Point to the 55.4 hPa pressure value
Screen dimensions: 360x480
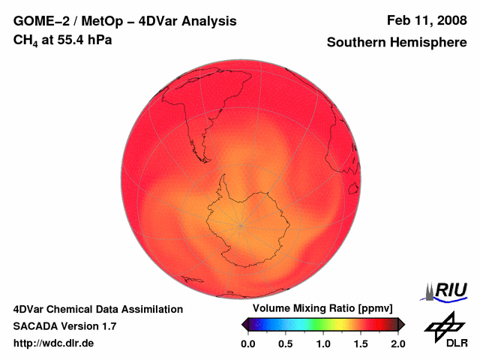pyautogui.click(x=83, y=40)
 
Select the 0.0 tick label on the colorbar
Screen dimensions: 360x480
pyautogui.click(x=248, y=343)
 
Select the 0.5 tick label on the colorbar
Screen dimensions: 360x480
pyautogui.click(x=286, y=343)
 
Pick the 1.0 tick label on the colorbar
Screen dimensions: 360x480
pyautogui.click(x=323, y=343)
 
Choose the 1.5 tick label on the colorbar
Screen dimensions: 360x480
pyautogui.click(x=361, y=343)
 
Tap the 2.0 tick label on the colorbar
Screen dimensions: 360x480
pyautogui.click(x=397, y=343)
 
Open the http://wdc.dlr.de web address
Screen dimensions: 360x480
pyautogui.click(x=54, y=343)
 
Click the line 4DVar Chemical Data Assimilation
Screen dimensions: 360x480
pyautogui.click(x=97, y=309)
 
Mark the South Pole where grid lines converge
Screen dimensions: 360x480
pyautogui.click(x=241, y=224)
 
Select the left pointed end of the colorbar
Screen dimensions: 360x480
pyautogui.click(x=244, y=324)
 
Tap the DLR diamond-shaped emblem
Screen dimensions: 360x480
pyautogui.click(x=444, y=325)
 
